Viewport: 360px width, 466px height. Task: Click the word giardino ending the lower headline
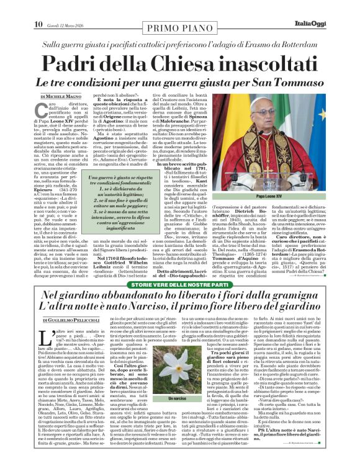tap(302, 305)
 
